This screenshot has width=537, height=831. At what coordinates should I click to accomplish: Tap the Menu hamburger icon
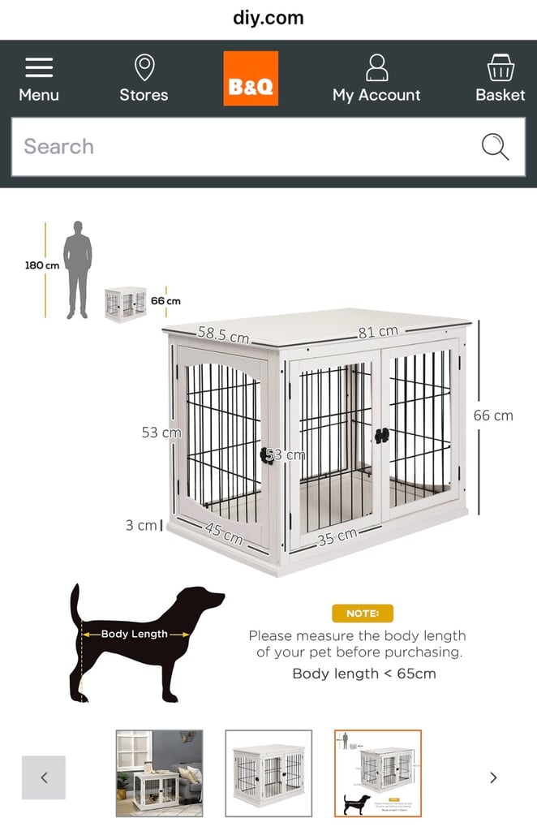coord(39,67)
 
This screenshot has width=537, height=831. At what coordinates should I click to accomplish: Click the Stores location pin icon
coord(144,67)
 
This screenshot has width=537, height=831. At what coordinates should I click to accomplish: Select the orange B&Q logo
coord(251,79)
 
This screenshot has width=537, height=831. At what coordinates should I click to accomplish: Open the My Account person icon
coord(376,67)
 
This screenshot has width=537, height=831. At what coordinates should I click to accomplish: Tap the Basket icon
coord(500,67)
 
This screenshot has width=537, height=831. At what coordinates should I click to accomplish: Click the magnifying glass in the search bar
coord(495,147)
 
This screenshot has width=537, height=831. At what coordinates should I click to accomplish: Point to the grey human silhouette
coord(78,269)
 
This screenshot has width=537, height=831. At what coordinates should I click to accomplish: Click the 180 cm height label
coord(41,265)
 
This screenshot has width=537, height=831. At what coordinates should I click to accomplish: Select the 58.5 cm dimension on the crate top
coord(223,334)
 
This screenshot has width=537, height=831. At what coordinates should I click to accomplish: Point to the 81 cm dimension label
coord(378,331)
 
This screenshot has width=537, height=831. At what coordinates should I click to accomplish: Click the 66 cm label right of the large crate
coord(493,415)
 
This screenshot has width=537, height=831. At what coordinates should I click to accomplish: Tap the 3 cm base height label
coord(141,526)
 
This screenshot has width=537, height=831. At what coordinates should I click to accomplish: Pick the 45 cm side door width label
coord(223,533)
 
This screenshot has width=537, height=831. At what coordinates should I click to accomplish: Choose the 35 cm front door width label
coord(337,536)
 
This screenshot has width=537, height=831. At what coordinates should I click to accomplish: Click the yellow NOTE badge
coord(362,614)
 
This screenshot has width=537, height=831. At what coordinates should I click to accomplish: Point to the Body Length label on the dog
coord(135,634)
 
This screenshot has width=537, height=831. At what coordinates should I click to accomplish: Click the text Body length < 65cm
coord(363,674)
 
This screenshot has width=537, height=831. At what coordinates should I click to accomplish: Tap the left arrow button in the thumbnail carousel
coord(44,777)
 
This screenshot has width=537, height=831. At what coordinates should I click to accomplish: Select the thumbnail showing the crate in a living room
coord(159,773)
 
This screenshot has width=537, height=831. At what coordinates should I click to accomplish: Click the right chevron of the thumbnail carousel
coord(493,777)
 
